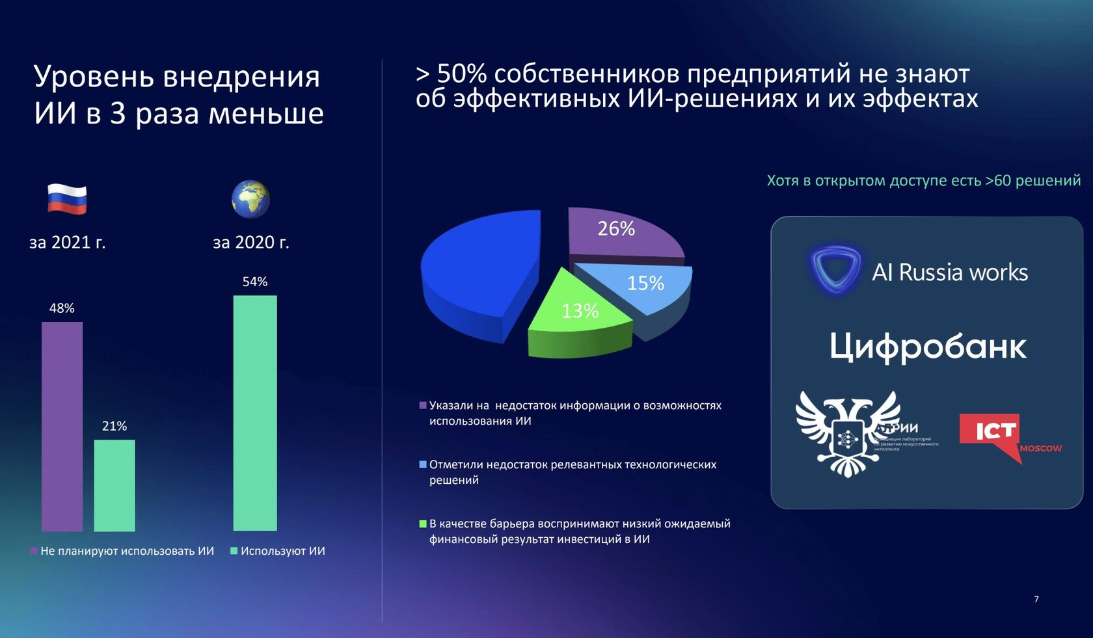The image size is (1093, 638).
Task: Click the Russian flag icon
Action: click(x=67, y=199)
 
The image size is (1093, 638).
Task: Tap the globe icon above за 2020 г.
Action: click(x=250, y=200)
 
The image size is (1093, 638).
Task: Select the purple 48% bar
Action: click(x=62, y=426)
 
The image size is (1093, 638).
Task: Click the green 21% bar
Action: click(x=115, y=485)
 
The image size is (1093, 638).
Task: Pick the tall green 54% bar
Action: click(x=255, y=413)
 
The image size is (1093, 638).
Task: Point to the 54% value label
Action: click(x=255, y=282)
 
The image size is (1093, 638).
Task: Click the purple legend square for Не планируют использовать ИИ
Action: click(x=34, y=551)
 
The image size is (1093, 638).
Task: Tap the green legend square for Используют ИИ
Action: click(x=234, y=551)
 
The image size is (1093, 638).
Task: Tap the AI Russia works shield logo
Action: click(x=835, y=269)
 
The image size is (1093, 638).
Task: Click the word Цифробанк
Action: click(x=928, y=346)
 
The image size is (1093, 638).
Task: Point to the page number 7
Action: click(x=1036, y=599)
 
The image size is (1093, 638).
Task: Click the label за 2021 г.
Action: click(x=67, y=243)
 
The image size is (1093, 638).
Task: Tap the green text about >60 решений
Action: click(x=923, y=181)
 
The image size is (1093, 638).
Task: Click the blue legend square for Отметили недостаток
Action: click(x=423, y=464)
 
